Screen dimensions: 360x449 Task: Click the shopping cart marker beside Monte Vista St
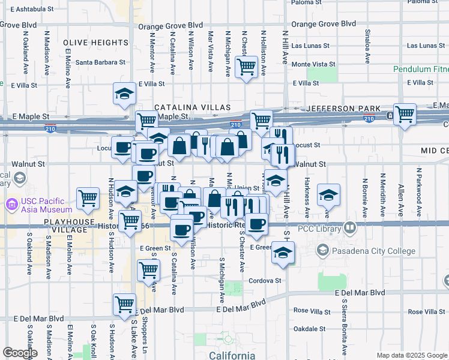point(246,68)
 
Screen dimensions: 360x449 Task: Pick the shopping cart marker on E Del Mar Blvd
point(124,304)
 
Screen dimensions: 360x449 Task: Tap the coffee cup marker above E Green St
point(181,229)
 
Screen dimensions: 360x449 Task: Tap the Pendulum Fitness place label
point(421,69)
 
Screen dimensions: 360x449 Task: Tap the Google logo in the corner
point(20,353)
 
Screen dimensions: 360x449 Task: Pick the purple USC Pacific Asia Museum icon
point(11,204)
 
